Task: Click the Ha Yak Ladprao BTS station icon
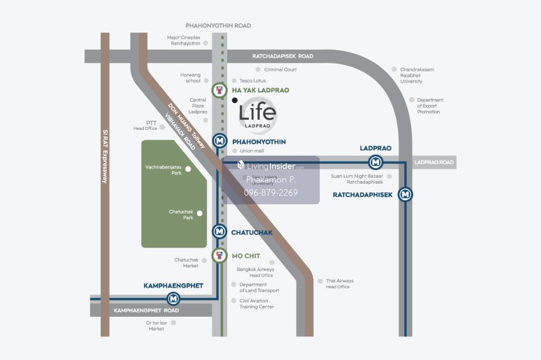pos(219,90)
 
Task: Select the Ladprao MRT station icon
pos(375,162)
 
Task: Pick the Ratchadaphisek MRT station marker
pos(405,195)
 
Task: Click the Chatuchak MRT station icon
pos(219,232)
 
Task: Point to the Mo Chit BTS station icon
pos(219,256)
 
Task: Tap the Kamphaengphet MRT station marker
pos(173,298)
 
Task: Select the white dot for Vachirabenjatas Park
pos(188,169)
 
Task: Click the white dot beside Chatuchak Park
pos(200,213)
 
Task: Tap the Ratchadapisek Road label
pos(283,56)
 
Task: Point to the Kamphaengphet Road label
pos(146,311)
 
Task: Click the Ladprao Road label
pos(434,162)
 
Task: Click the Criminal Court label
pos(280,70)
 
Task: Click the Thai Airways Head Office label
pos(339,284)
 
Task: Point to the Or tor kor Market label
pos(156,325)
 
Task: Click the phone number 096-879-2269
pos(272,192)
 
